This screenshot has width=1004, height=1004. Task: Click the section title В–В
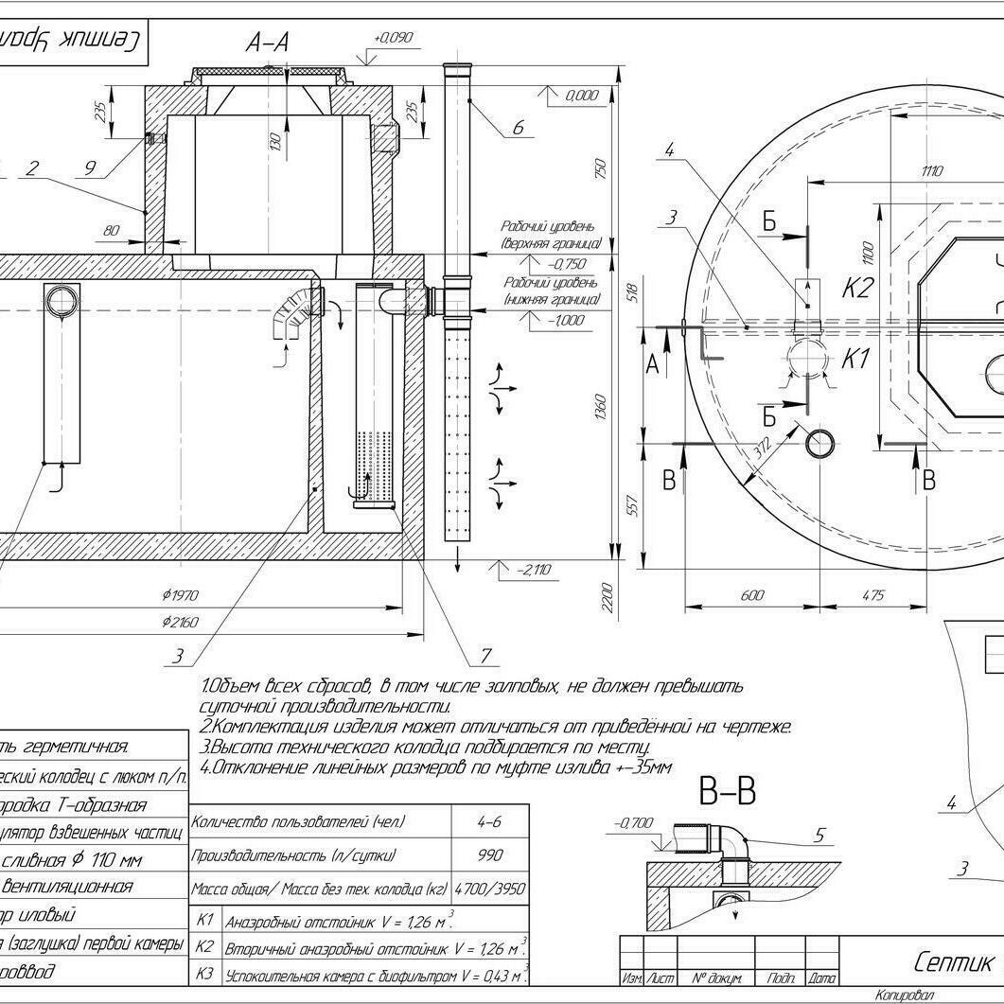[727, 791]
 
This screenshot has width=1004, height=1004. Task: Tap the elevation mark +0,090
[394, 38]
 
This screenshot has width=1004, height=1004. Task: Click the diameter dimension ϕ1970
[180, 595]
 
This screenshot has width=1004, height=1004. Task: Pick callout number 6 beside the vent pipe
[517, 128]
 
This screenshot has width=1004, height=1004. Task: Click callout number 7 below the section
[485, 655]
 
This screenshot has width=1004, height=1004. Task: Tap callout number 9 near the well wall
[90, 167]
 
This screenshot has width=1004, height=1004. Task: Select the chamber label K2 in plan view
[856, 288]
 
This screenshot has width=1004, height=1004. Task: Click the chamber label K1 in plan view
[855, 359]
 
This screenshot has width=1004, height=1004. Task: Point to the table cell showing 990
[489, 855]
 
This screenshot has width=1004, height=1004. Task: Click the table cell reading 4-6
[489, 822]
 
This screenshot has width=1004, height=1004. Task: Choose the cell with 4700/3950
[489, 890]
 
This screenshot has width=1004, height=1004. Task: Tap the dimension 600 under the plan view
[751, 595]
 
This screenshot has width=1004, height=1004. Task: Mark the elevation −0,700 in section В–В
[634, 823]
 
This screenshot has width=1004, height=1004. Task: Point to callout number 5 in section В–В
[819, 835]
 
